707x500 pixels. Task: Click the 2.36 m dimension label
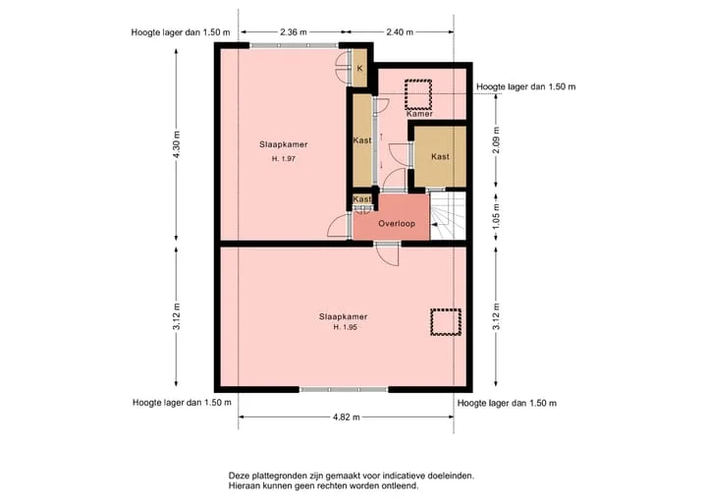click(293, 32)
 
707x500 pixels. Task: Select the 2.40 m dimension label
click(400, 32)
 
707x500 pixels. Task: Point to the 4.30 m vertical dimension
click(177, 144)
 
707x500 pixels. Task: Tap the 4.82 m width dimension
click(347, 417)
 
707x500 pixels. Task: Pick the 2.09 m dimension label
click(496, 140)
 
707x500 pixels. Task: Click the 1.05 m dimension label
click(496, 216)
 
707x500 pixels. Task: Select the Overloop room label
click(397, 223)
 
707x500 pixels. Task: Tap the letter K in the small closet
click(359, 69)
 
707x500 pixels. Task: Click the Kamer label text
click(420, 114)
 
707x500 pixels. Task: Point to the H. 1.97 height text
click(284, 159)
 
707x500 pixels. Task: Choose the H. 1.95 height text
click(346, 327)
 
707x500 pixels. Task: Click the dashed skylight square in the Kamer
click(418, 81)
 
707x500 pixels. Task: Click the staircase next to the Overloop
click(448, 215)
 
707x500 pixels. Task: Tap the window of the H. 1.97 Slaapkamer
click(294, 45)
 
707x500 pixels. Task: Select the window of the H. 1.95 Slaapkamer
click(344, 389)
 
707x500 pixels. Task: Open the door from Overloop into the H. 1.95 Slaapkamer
click(388, 254)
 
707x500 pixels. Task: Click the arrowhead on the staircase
click(434, 224)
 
